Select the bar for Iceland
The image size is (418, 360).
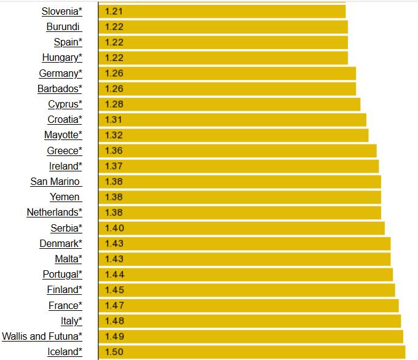(252, 351)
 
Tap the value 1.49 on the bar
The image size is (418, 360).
(114, 336)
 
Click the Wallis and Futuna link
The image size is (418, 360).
(42, 336)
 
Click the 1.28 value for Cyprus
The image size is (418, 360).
(114, 104)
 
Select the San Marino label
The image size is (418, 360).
(55, 181)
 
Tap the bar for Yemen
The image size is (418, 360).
(240, 197)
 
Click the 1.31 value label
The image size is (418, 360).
(114, 119)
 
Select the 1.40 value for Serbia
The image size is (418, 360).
(114, 228)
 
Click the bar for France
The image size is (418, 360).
(249, 305)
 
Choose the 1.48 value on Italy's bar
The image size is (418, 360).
(114, 321)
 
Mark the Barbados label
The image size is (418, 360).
(60, 88)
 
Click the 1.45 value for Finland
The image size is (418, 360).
(114, 289)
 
